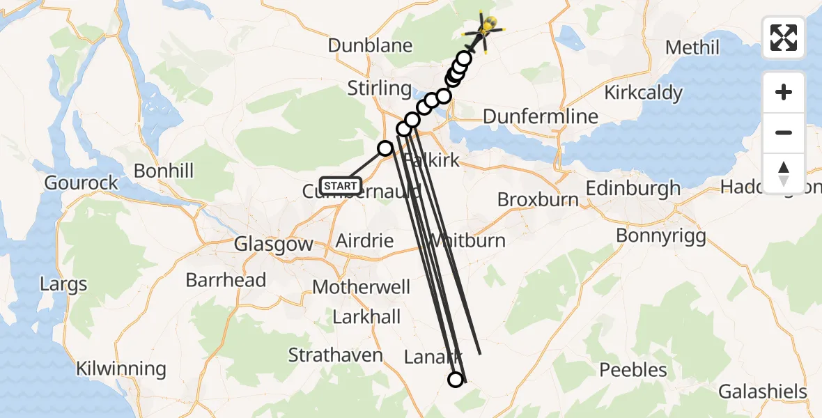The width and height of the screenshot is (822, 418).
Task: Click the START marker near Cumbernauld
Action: pyautogui.click(x=341, y=186)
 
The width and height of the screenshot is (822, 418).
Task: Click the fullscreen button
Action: pyautogui.click(x=784, y=37)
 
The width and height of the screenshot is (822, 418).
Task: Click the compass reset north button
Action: pyautogui.click(x=784, y=173)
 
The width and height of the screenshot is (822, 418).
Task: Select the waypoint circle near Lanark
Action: pyautogui.click(x=455, y=379)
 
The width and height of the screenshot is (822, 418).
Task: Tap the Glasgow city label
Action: pyautogui.click(x=274, y=245)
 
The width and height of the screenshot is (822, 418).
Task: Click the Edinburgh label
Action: pyautogui.click(x=633, y=188)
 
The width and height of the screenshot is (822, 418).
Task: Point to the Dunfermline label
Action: pyautogui.click(x=540, y=116)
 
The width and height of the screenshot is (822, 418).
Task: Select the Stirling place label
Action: pyautogui.click(x=380, y=88)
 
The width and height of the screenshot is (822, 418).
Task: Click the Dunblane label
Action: pyautogui.click(x=371, y=46)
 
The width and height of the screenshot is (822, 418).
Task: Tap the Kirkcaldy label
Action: pyautogui.click(x=643, y=93)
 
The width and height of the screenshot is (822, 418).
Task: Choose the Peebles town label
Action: pyautogui.click(x=633, y=369)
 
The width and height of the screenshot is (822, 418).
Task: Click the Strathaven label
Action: pyautogui.click(x=336, y=355)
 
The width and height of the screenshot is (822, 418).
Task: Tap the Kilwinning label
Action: pyautogui.click(x=121, y=369)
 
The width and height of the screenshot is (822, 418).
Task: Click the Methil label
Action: pyautogui.click(x=692, y=47)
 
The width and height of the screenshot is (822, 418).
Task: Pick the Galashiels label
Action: pyautogui.click(x=763, y=392)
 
